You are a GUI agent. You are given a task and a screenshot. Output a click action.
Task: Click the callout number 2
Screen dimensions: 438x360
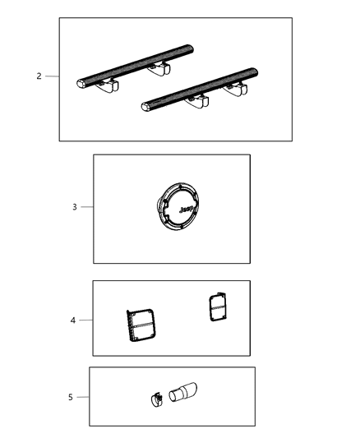pyautogui.click(x=39, y=76)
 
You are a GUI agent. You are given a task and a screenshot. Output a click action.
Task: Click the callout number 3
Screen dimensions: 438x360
pyautogui.click(x=74, y=207)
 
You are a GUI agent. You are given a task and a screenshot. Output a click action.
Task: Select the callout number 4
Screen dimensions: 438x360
pyautogui.click(x=72, y=320)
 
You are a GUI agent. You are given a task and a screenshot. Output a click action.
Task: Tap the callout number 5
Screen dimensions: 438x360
pyautogui.click(x=70, y=397)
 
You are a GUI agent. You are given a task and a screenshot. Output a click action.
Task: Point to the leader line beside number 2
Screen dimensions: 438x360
pyautogui.click(x=52, y=76)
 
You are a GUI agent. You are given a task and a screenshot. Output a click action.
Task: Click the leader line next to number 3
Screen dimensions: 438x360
pyautogui.click(x=86, y=207)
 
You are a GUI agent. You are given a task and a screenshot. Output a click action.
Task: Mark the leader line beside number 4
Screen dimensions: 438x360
pyautogui.click(x=85, y=320)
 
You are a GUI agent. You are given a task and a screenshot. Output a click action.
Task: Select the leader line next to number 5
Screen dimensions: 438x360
pyautogui.click(x=82, y=397)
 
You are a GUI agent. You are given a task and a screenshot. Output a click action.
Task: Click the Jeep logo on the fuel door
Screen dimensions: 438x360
pyautogui.click(x=185, y=211)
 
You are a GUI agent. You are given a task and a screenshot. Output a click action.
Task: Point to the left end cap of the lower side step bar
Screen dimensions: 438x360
pyautogui.click(x=145, y=105)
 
